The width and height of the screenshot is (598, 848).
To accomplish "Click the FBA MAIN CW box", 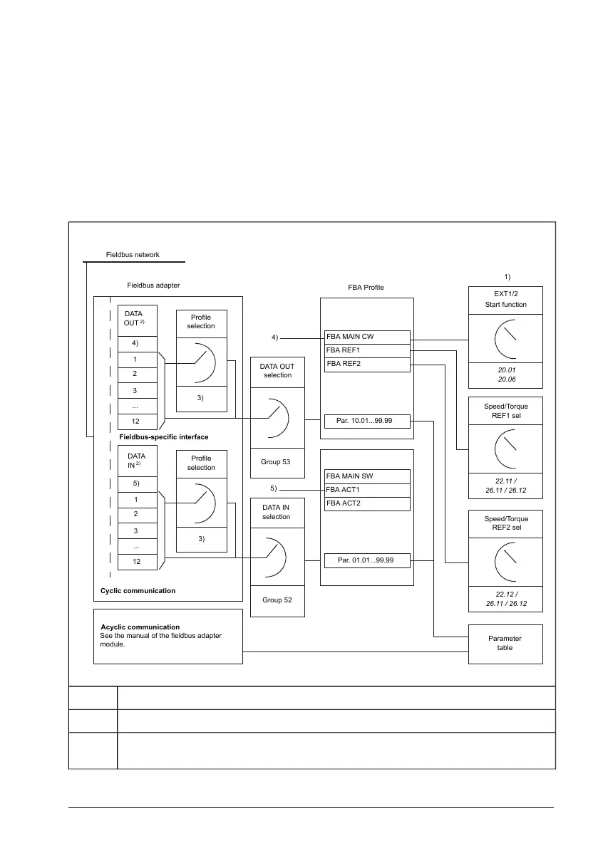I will (367, 337).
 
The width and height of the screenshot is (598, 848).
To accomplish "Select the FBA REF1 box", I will (367, 350).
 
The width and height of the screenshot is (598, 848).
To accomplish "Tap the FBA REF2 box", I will (367, 364).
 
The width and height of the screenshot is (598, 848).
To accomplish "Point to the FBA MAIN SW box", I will (367, 476).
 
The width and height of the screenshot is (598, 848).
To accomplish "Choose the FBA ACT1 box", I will (367, 490).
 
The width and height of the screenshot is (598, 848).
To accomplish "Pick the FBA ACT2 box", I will (367, 503).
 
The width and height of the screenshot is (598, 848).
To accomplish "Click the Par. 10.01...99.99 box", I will (367, 421).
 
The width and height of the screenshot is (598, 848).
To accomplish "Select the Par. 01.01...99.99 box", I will (367, 560).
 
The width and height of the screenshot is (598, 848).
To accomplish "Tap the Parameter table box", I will (505, 643).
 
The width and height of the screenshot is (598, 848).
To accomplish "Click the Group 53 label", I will (277, 462).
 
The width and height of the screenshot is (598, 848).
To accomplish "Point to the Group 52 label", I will (277, 600).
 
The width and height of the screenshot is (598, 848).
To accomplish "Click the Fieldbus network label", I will (133, 254).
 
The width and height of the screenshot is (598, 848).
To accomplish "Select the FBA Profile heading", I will (366, 288).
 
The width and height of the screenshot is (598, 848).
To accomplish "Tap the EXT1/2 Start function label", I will (505, 298).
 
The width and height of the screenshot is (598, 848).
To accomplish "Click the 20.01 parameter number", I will (505, 370).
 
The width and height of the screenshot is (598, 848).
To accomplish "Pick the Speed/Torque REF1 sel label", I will (505, 411).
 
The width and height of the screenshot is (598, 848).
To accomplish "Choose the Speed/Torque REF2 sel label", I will (505, 523).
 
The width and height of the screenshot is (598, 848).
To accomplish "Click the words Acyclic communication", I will (140, 627).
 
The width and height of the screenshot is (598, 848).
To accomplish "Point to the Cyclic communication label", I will (138, 591).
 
